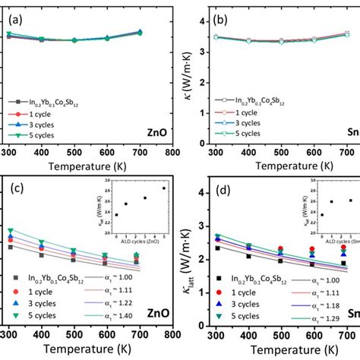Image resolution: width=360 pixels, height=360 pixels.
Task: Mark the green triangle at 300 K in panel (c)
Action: [11, 230]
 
